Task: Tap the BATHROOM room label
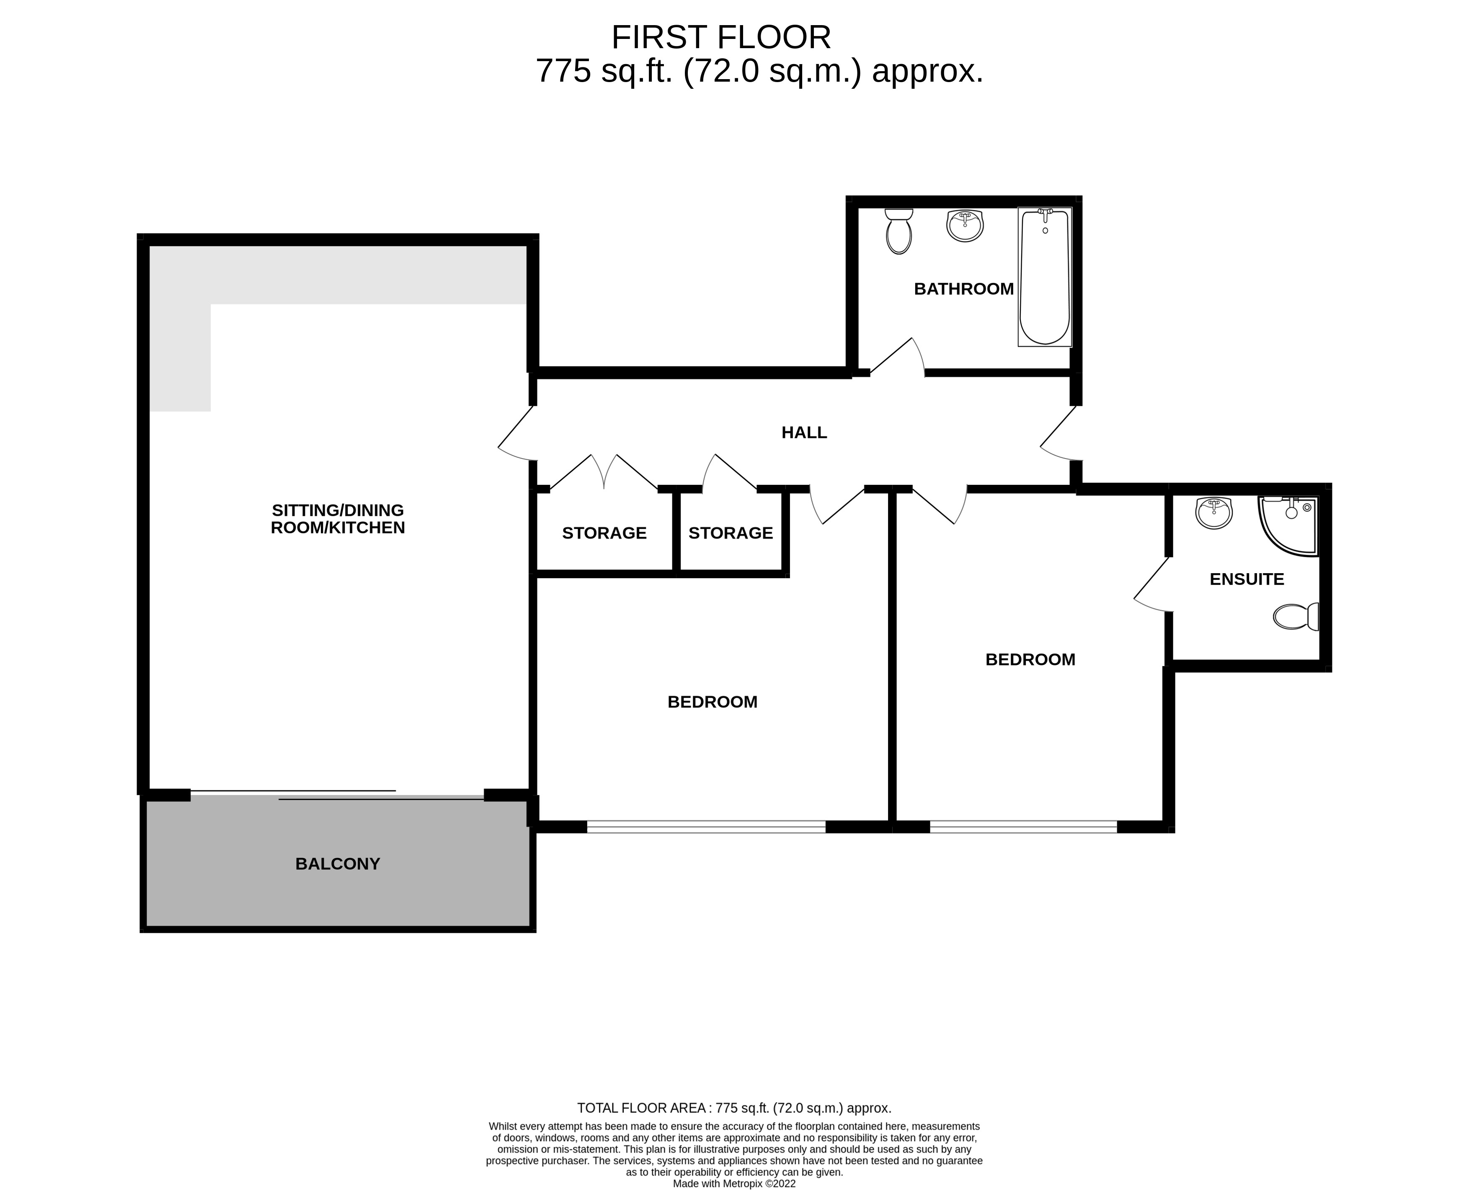963,288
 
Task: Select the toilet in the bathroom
898,232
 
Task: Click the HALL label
804,433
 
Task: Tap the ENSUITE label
1246,579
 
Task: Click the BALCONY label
338,864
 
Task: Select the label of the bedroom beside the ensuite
1030,659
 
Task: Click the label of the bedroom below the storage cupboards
712,702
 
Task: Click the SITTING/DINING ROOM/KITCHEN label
338,519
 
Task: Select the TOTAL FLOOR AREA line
734,1108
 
